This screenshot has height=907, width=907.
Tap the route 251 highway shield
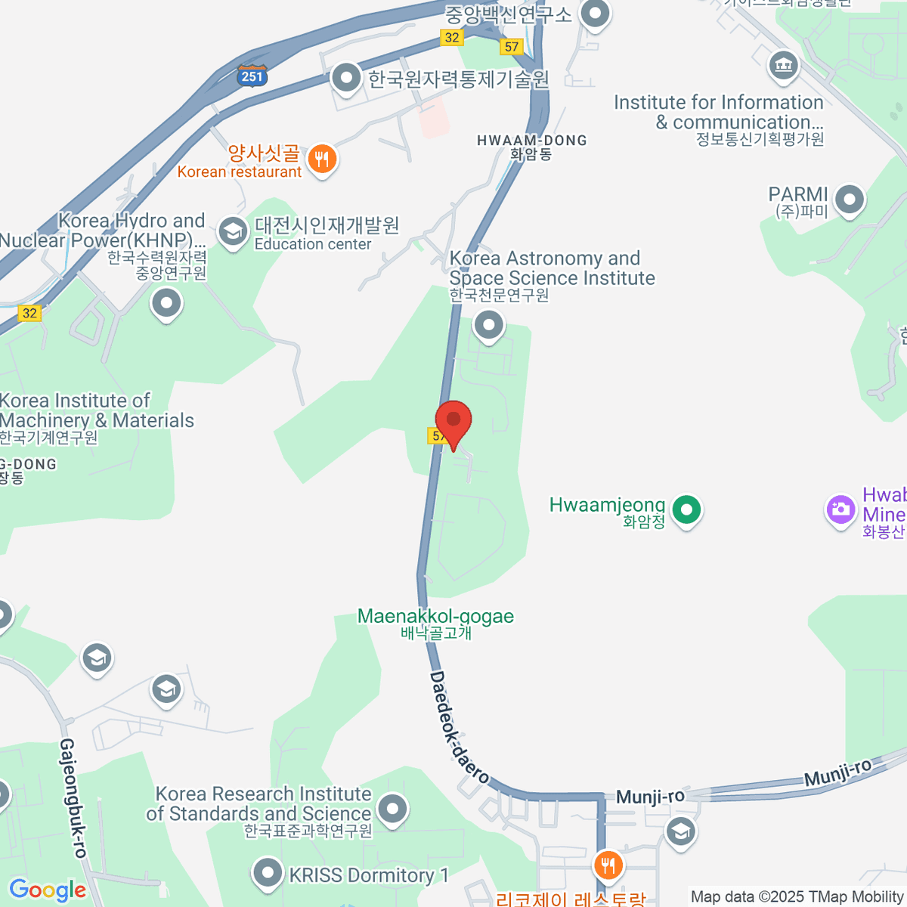coord(252,76)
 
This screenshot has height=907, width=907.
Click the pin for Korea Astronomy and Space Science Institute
coord(488,326)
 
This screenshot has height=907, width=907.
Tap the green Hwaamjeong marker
coord(686,509)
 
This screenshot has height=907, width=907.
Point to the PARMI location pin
coord(850,200)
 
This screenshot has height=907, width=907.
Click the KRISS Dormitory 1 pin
coord(267,873)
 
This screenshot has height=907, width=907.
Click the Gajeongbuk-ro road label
coord(73,797)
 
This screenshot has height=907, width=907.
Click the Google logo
coord(48,890)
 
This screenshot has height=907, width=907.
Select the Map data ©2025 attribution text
coord(797,896)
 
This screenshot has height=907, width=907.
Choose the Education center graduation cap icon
coord(233,231)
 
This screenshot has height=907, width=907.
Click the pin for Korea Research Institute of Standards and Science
coord(392,809)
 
